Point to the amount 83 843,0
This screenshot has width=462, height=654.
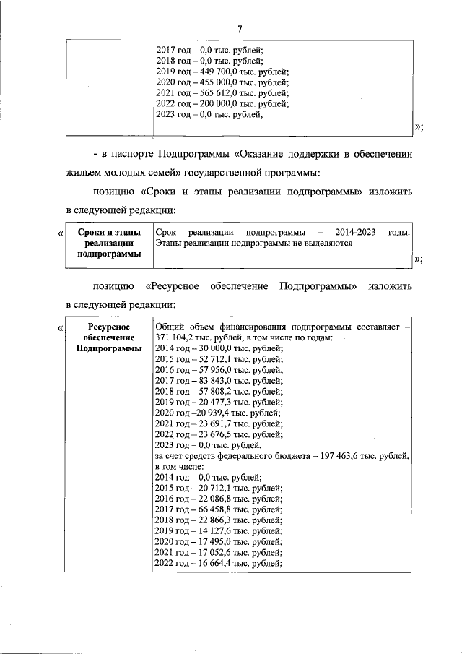coord(207,380)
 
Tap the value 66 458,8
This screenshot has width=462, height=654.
coord(207,509)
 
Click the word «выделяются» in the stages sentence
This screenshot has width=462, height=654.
coord(328,244)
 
